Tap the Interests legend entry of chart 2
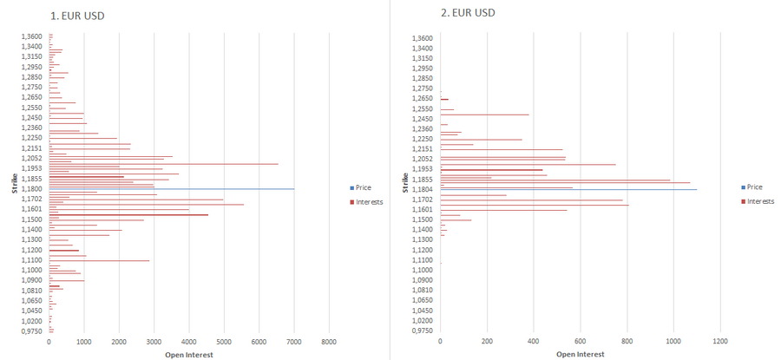pos(758,201)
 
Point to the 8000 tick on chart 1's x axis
pos(329,343)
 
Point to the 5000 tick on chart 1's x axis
pos(224,343)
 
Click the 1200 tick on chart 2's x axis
pos(720,343)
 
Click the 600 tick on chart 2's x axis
pos(581,343)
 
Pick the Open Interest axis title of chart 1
pos(188,354)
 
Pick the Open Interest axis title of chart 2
pos(580,354)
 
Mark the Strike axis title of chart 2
pos(405,182)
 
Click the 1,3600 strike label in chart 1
pos(32,37)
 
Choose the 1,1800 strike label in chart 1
pos(32,188)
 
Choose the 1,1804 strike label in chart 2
pos(423,188)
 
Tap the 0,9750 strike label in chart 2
pos(423,331)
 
